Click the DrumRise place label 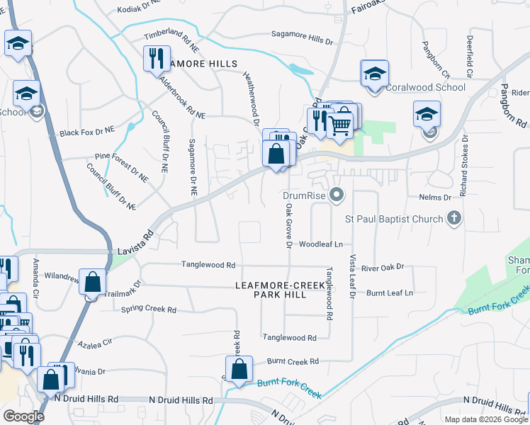pos(303,195)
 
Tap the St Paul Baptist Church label pos(394,219)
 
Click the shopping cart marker pos(342,124)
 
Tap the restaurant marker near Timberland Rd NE pos(156,59)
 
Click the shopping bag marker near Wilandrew pos(93,282)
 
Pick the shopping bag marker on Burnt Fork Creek pos(239,369)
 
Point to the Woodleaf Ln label pos(321,244)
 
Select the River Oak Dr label pos(382,267)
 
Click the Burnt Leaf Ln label pos(390,292)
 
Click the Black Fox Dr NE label pos(87,132)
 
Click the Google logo pos(23,416)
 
